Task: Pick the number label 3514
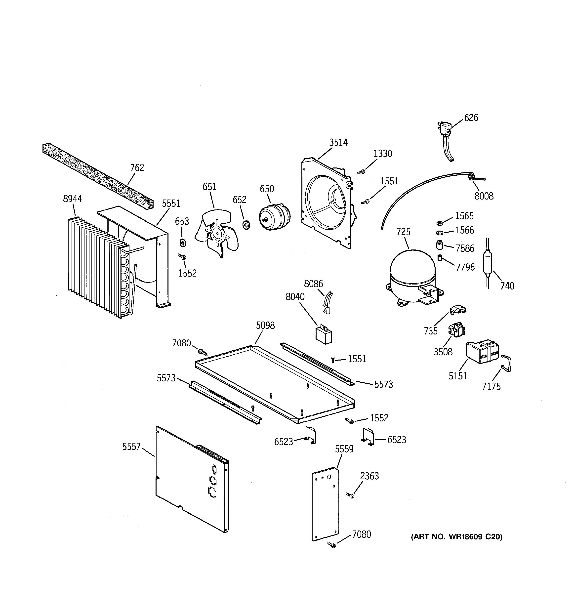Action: pyautogui.click(x=338, y=142)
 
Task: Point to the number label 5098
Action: pyautogui.click(x=265, y=325)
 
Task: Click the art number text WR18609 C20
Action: pyautogui.click(x=456, y=537)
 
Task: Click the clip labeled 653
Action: pyautogui.click(x=183, y=243)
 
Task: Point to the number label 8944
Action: pyautogui.click(x=73, y=199)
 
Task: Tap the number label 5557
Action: pyautogui.click(x=131, y=447)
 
